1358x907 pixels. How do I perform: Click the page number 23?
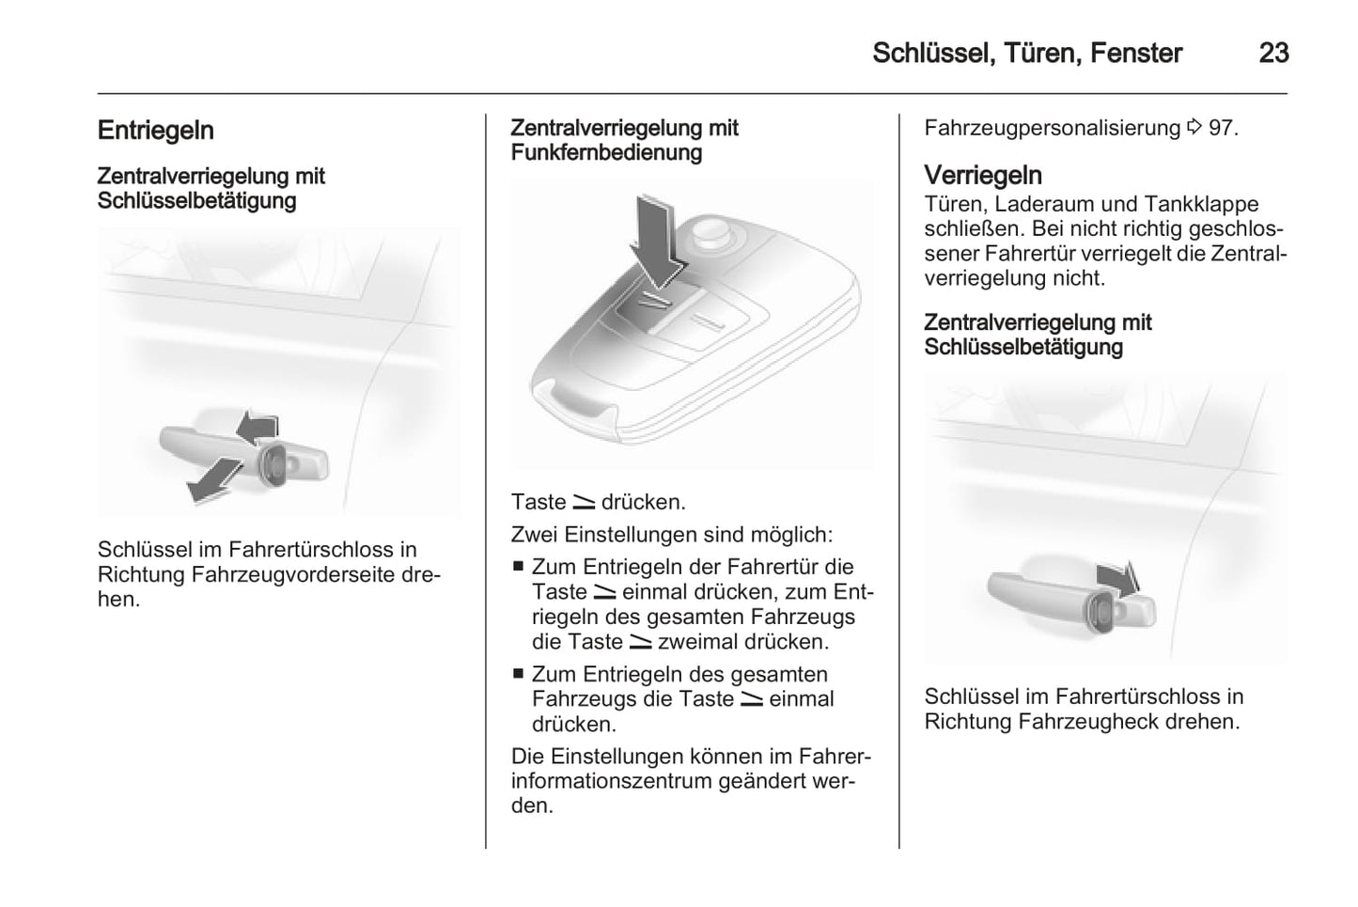(1273, 53)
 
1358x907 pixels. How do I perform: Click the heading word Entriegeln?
(156, 131)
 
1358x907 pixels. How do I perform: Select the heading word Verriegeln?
(983, 176)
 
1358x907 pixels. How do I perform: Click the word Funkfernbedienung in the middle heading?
(606, 152)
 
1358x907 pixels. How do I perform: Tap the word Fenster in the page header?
(1135, 53)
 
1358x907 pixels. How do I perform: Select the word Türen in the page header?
(1040, 53)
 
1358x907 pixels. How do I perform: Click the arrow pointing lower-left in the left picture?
(211, 480)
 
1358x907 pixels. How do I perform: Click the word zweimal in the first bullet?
(696, 643)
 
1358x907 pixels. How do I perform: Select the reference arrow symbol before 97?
(1194, 127)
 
